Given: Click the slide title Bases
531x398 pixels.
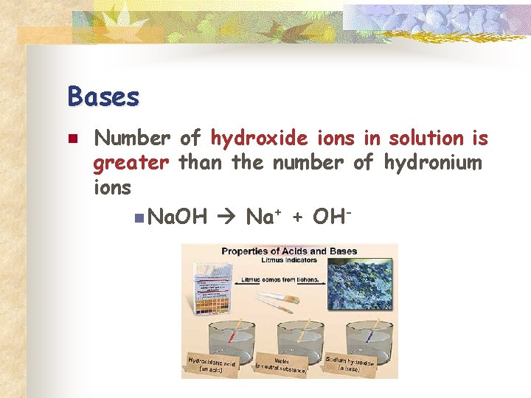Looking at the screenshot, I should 103,97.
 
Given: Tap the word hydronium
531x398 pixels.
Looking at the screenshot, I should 432,162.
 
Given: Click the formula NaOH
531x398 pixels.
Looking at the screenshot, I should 178,217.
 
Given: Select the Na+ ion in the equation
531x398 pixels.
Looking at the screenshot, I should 260,217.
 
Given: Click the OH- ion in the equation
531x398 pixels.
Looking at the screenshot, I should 330,217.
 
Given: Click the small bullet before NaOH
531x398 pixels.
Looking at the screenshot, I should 141,217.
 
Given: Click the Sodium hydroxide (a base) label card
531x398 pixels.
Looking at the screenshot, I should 350,363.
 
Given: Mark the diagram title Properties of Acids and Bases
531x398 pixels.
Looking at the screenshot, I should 289,251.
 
